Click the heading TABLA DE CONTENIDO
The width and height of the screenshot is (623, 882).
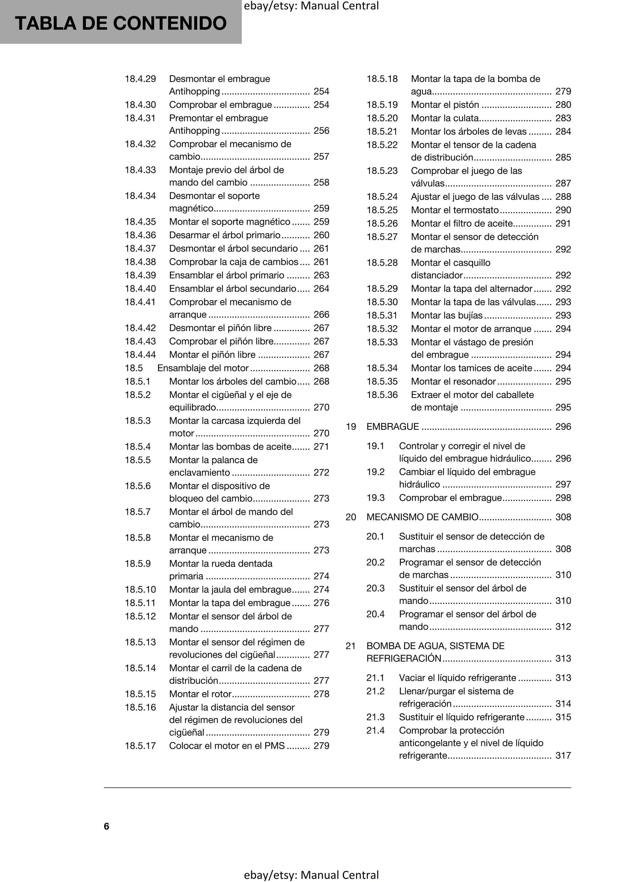(121, 23)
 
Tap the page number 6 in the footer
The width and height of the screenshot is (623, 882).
(106, 826)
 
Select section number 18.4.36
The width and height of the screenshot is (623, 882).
(140, 235)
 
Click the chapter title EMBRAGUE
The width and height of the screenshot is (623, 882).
(392, 427)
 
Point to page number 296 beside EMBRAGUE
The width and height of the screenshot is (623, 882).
(563, 427)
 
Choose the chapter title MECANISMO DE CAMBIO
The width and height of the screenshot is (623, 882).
(422, 517)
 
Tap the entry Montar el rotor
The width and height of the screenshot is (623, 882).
(200, 694)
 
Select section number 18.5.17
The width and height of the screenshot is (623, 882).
(140, 746)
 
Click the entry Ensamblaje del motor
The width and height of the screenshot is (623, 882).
(203, 368)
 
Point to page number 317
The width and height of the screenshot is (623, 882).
(563, 755)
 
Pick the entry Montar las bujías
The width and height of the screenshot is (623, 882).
(446, 315)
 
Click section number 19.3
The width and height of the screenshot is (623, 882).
(375, 498)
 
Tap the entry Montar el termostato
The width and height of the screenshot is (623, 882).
(454, 210)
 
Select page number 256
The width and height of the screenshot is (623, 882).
(321, 131)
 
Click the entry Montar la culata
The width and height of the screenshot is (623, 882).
(444, 118)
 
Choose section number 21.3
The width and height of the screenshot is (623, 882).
(375, 717)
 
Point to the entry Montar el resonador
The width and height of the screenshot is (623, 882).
(453, 381)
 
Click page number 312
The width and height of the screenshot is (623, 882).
(563, 626)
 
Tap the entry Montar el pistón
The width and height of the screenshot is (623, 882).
(445, 105)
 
